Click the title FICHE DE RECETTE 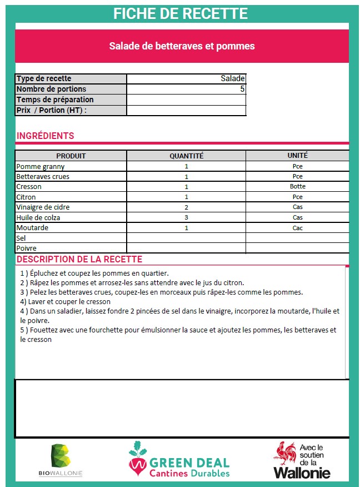(x=180, y=13)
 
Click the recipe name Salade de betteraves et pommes (x=182, y=46)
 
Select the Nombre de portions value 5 (x=242, y=89)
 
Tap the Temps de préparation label (x=55, y=100)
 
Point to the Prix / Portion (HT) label (x=52, y=110)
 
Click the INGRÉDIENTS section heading (x=45, y=136)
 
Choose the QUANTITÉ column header (x=186, y=156)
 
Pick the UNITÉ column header (x=297, y=156)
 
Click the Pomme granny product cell (x=41, y=166)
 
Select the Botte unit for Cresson (x=297, y=187)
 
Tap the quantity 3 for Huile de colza (x=186, y=217)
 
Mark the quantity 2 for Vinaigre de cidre (x=186, y=207)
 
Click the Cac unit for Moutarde (x=297, y=228)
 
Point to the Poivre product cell (x=27, y=248)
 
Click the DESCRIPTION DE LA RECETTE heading (x=79, y=260)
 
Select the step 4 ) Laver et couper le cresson (x=65, y=302)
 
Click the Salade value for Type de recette (x=232, y=79)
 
